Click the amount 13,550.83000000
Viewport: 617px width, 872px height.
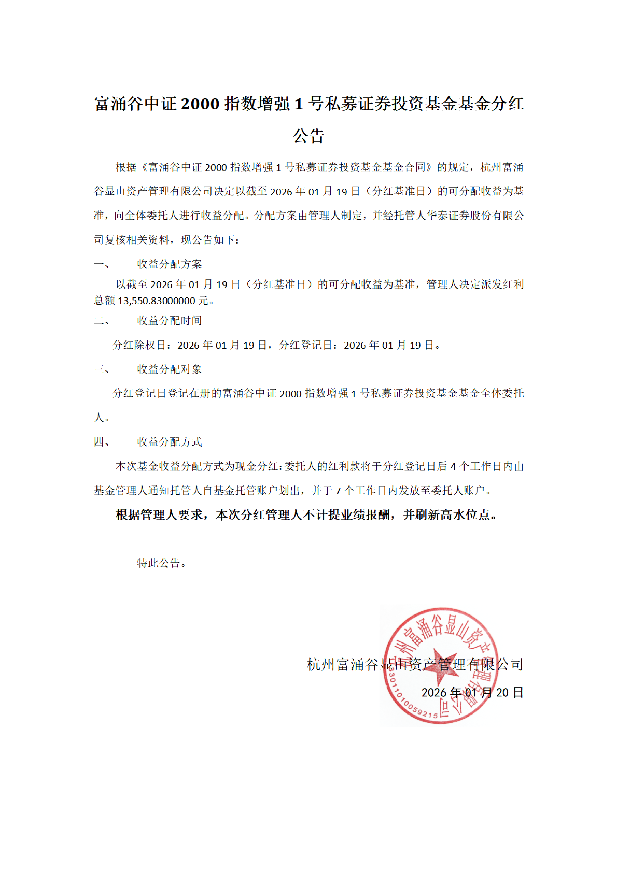[x=157, y=301]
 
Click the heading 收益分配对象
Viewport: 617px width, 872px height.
[x=169, y=369]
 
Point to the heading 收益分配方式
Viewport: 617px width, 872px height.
[x=169, y=442]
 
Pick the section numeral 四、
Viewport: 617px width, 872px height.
[x=102, y=442]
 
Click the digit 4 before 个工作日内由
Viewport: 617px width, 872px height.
[x=453, y=466]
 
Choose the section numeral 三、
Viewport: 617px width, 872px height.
[x=102, y=369]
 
